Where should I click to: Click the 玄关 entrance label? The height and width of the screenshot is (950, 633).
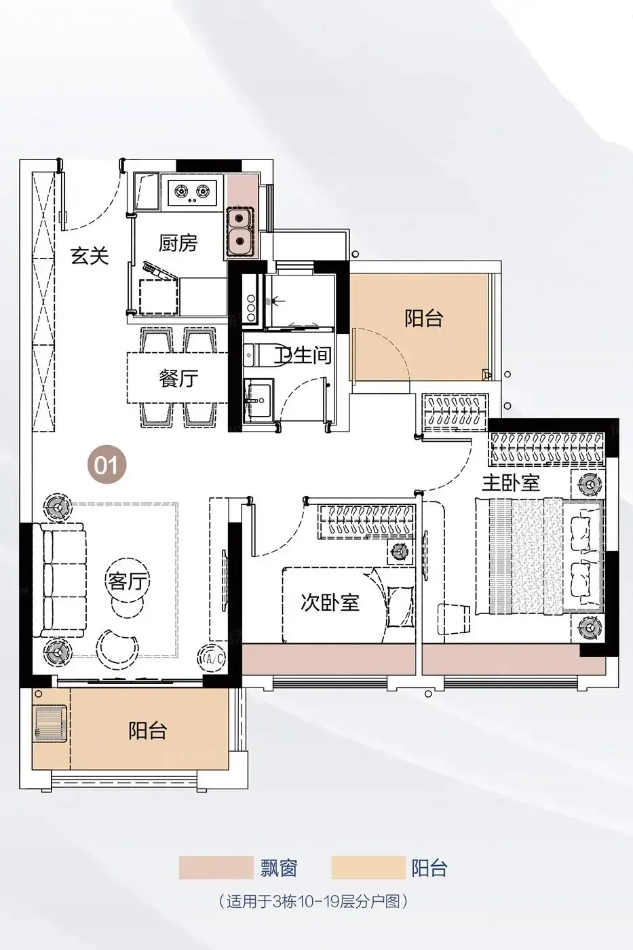90,255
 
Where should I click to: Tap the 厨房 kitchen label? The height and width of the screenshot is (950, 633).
178,243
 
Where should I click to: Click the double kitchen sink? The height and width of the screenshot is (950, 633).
241,231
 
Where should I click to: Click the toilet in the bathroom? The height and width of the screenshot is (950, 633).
260,354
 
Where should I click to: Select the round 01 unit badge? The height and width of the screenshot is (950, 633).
107,464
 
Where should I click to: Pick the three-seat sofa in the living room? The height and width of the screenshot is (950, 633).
60,579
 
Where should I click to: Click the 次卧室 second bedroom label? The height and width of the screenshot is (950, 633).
330,603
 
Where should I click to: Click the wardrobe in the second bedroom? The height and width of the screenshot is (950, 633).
366,521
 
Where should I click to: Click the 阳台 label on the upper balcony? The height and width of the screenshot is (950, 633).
423,318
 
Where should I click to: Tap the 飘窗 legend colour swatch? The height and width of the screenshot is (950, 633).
216,867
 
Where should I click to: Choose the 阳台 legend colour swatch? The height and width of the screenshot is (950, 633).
368,867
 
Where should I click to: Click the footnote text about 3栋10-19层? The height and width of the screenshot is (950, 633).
313,901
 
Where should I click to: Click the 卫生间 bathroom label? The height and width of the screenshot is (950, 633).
303,354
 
